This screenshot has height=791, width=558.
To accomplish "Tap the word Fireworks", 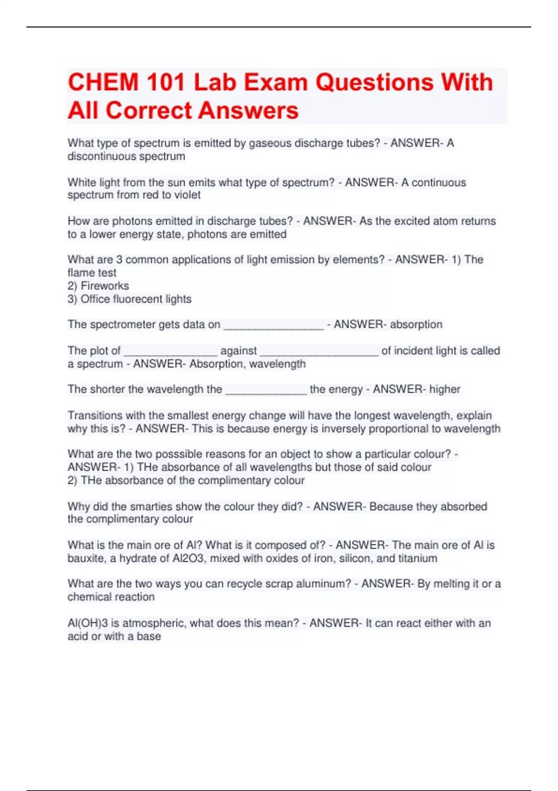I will tap(105, 286).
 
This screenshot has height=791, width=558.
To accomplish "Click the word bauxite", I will tap(86, 558).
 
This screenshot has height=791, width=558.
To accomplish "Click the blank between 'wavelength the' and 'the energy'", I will tap(266, 391).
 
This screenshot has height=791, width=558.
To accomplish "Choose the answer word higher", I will tap(445, 389).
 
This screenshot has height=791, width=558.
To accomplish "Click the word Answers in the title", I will tap(248, 111).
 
